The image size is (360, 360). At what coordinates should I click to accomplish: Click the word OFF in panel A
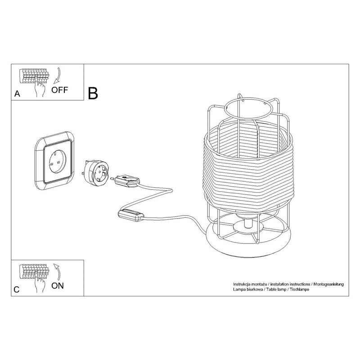(x=60, y=90)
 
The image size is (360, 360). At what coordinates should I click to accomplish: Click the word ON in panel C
(x=58, y=286)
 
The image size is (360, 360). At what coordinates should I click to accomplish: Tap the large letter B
(x=93, y=93)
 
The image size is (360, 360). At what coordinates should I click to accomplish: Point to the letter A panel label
(x=17, y=94)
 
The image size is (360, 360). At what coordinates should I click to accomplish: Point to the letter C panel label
(x=17, y=289)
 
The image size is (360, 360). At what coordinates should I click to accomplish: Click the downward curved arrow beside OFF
(x=57, y=76)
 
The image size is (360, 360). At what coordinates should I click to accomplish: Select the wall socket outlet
(x=54, y=161)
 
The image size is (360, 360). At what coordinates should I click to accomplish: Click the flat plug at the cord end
(x=125, y=181)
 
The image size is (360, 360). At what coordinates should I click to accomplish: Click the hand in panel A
(x=40, y=87)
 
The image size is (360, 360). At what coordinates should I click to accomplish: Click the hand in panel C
(x=40, y=283)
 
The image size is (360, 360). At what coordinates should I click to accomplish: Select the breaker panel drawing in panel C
(x=35, y=272)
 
